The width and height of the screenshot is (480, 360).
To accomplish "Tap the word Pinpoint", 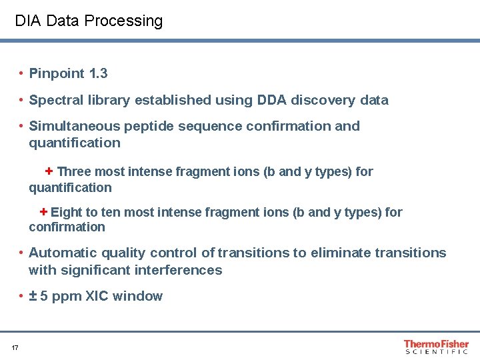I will click(57, 73).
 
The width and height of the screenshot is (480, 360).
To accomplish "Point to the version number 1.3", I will click(98, 73).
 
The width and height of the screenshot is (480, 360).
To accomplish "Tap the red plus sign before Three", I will click(49, 171).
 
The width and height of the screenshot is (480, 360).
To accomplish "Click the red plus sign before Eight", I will click(43, 212).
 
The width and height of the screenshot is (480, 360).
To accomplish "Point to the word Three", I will click(74, 172).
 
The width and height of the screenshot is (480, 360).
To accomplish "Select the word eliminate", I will click(339, 253).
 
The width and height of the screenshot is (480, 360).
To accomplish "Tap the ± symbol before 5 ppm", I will click(33, 296).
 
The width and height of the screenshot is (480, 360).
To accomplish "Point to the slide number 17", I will click(15, 347).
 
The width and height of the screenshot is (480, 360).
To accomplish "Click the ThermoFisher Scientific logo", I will click(436, 347).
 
